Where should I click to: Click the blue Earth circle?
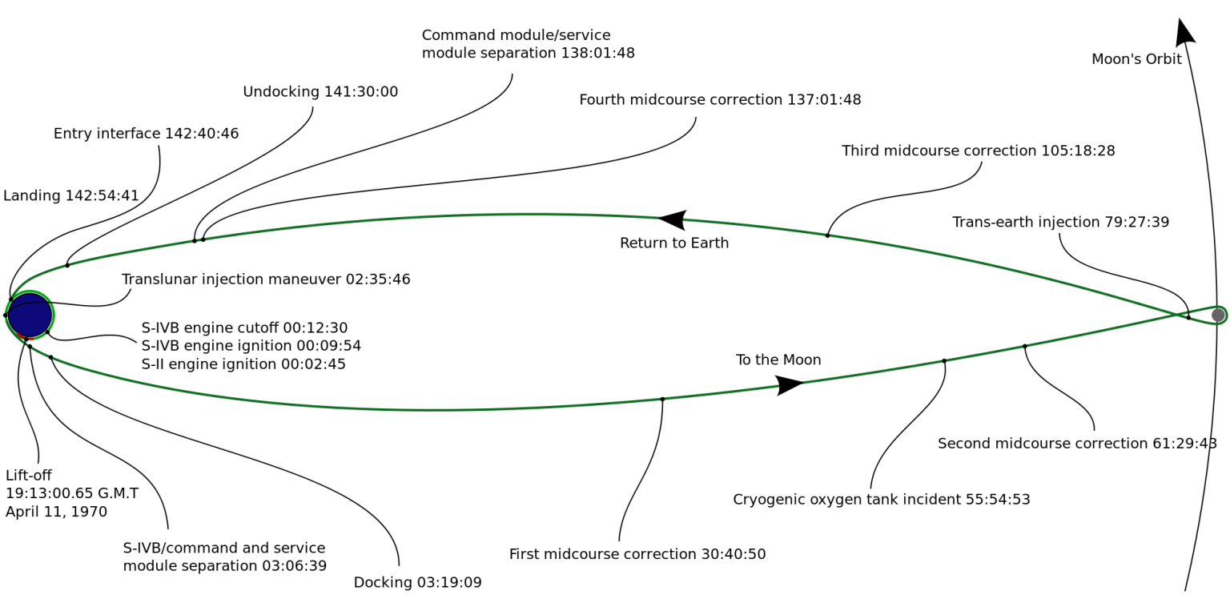30,315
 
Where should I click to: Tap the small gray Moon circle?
1218,315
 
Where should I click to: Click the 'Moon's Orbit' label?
1136,59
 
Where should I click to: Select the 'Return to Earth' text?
674,243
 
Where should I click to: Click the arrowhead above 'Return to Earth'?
673,219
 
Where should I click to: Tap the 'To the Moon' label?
778,360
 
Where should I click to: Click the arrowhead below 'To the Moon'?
790,385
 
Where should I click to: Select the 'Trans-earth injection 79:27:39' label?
1060,222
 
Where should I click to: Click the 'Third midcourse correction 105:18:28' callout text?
978,151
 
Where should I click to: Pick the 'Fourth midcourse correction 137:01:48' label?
720,100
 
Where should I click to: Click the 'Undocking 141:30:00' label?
320,92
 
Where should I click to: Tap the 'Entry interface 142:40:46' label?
146,134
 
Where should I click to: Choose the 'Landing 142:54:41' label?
71,196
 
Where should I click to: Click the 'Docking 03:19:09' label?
417,583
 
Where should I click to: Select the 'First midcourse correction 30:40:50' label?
637,554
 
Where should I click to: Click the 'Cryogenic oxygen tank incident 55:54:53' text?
881,500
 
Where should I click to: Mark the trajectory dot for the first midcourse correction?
662,399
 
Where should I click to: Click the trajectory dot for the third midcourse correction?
827,235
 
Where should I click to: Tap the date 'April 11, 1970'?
56,512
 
